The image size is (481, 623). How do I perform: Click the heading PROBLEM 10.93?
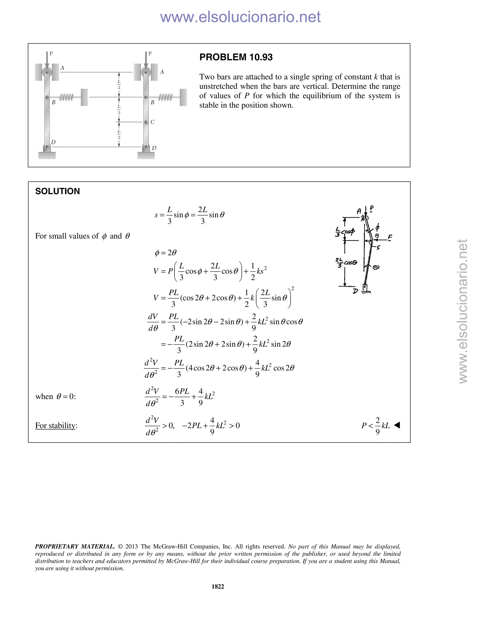(x=236, y=57)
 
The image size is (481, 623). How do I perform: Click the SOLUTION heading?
(x=58, y=191)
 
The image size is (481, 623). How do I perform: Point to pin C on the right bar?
(x=146, y=122)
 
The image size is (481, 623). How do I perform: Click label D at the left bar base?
(x=53, y=142)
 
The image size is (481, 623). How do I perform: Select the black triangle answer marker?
(x=397, y=425)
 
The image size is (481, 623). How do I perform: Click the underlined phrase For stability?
(x=56, y=426)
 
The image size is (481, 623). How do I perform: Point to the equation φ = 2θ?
(x=166, y=253)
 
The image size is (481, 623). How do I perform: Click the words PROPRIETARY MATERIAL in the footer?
(x=75, y=547)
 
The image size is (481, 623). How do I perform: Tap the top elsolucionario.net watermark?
(x=240, y=17)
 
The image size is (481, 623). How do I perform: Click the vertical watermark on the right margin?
(x=463, y=311)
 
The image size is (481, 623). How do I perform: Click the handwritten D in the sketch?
(x=355, y=291)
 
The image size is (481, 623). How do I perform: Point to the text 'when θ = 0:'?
(x=56, y=397)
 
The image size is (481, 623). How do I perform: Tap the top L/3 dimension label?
(x=119, y=85)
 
